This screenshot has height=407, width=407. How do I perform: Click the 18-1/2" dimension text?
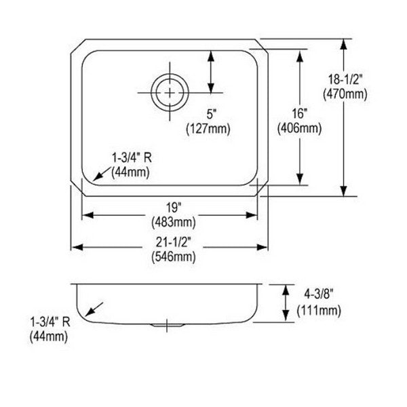pos(345,79)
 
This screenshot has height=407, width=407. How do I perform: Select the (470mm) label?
pos(345,94)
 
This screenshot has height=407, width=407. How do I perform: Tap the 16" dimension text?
pos(300,113)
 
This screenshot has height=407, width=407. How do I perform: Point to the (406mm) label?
pos(300,128)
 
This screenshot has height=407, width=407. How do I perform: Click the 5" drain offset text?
pos(212,114)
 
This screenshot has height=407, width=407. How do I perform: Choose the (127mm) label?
pos(208,128)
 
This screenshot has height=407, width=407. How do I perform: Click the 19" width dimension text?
pos(174,207)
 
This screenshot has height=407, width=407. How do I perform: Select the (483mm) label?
pos(174,222)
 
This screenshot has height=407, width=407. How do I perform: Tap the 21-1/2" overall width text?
pos(174,242)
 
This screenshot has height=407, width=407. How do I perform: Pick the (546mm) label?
pos(174,257)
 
